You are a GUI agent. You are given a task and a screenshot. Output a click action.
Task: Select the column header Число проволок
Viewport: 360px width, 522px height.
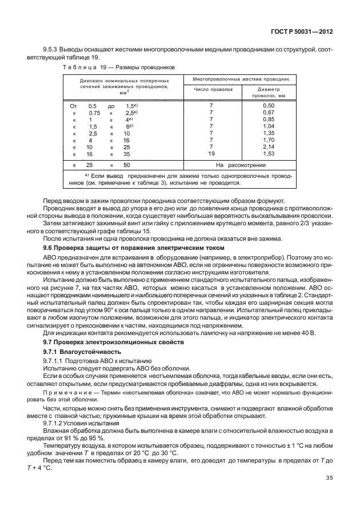tap(214, 89)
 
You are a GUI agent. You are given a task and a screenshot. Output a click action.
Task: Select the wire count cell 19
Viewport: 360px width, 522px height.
tap(211, 154)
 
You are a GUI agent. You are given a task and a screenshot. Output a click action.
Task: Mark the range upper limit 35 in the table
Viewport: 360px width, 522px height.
tap(126, 154)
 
